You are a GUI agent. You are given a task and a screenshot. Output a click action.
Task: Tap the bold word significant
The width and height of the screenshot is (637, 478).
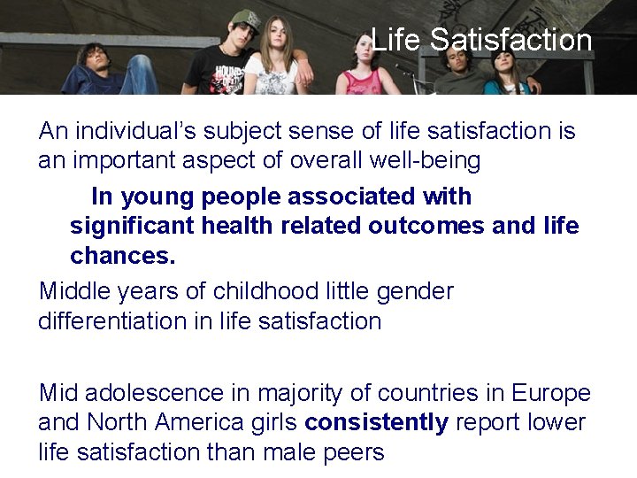[133, 226]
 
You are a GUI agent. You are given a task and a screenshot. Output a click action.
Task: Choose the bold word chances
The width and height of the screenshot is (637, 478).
[123, 256]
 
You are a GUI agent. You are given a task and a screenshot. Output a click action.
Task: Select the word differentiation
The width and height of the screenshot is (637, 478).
[111, 320]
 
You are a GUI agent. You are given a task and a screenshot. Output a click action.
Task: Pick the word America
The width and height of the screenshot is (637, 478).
[209, 422]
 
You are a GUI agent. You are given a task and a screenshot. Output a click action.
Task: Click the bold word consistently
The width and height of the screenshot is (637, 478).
[377, 422]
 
